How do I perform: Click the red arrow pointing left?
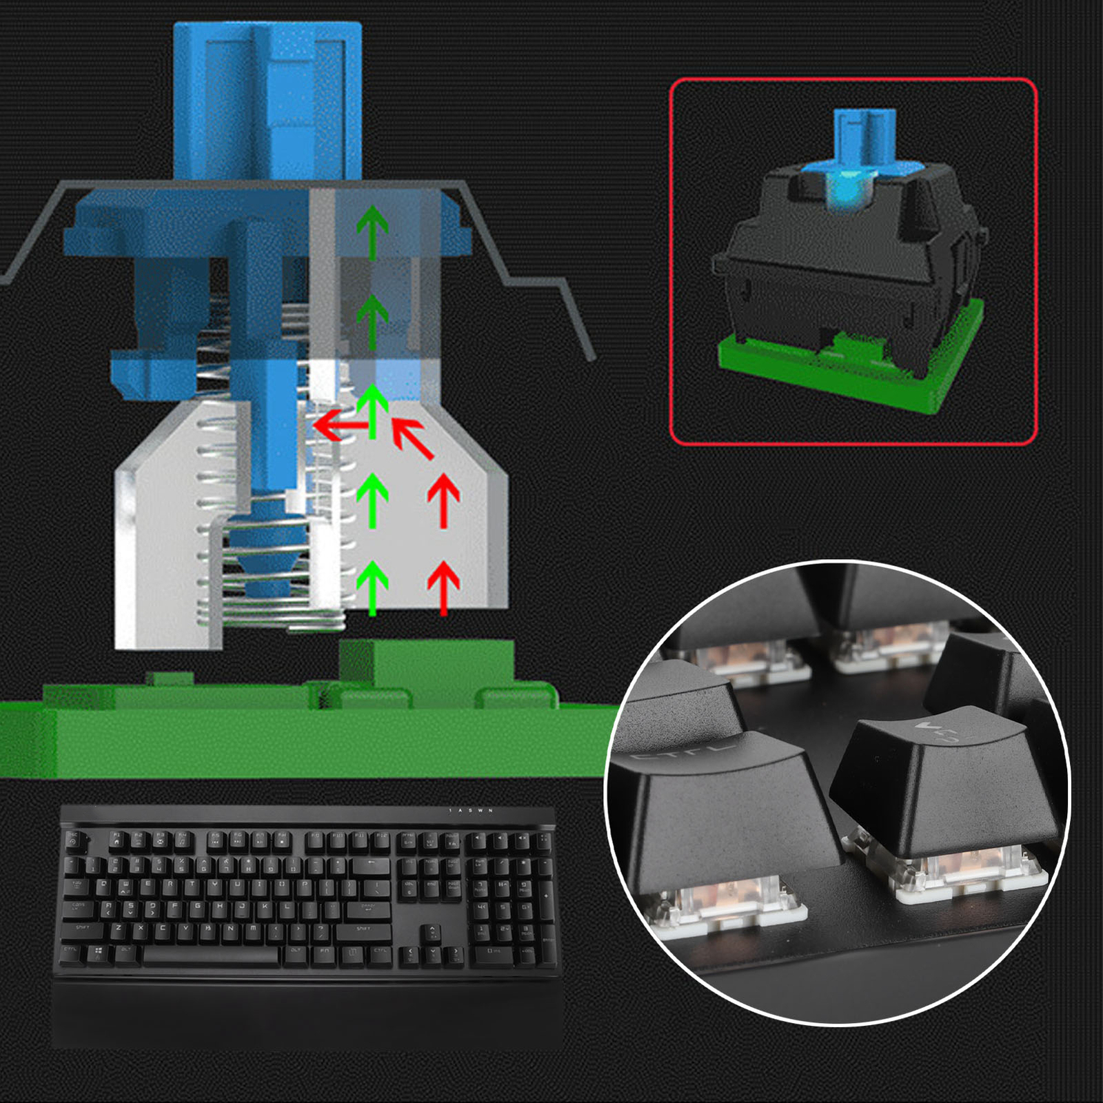[338, 426]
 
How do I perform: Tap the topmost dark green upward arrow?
[372, 231]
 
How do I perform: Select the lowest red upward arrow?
[443, 586]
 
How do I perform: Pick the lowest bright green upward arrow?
[372, 586]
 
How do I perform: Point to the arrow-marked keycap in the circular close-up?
[944, 779]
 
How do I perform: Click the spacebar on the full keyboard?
[211, 955]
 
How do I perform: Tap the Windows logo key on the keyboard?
[99, 952]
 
